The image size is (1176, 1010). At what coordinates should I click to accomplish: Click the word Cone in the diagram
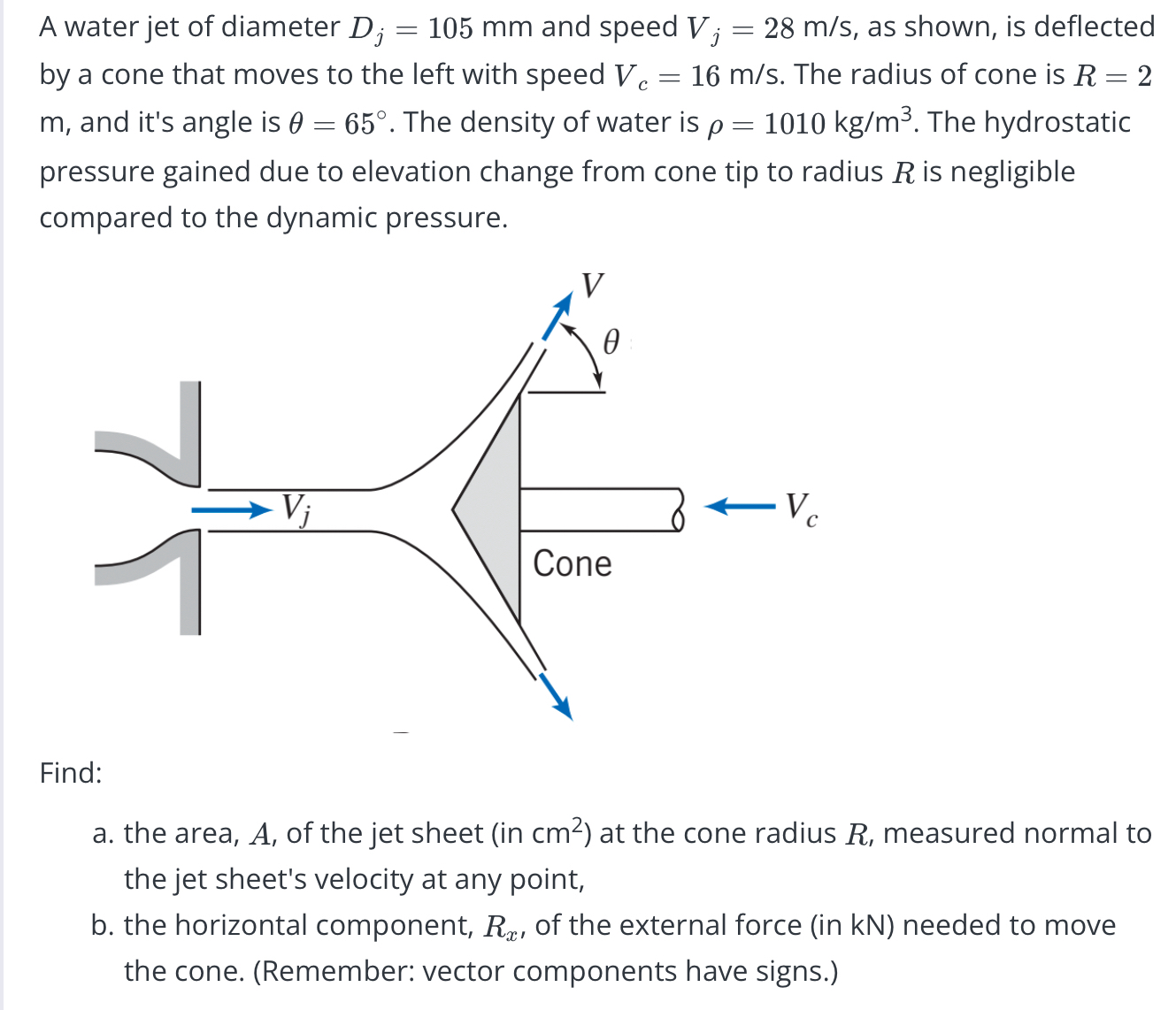coord(572,563)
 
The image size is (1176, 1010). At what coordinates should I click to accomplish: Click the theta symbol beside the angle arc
coord(611,341)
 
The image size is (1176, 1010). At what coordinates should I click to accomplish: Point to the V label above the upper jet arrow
coord(593,285)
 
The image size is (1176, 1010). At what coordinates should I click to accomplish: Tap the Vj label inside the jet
coord(296,509)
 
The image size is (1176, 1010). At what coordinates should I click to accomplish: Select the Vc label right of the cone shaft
coord(801,509)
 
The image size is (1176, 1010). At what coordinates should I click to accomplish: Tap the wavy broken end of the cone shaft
coord(679,509)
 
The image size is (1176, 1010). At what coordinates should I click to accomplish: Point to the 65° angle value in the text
coord(365,123)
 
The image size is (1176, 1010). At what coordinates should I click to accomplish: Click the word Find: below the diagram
coord(71,773)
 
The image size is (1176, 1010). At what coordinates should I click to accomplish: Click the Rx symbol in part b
coord(501,927)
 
